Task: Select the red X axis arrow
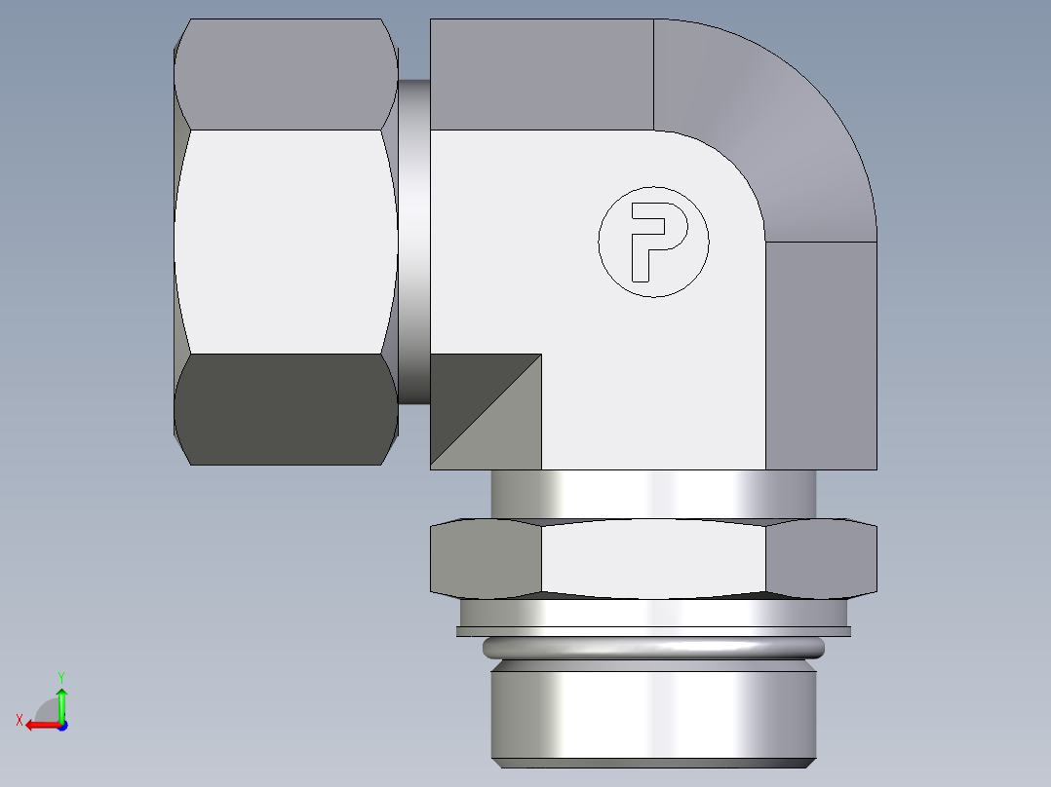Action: tap(39, 725)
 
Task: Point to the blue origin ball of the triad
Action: tap(61, 725)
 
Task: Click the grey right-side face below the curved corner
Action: tap(821, 356)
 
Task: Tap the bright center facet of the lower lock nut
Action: tap(653, 557)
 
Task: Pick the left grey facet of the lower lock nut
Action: tap(486, 557)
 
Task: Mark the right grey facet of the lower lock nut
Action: tap(821, 557)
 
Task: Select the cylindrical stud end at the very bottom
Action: tap(653, 716)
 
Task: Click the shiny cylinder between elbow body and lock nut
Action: tap(653, 494)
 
